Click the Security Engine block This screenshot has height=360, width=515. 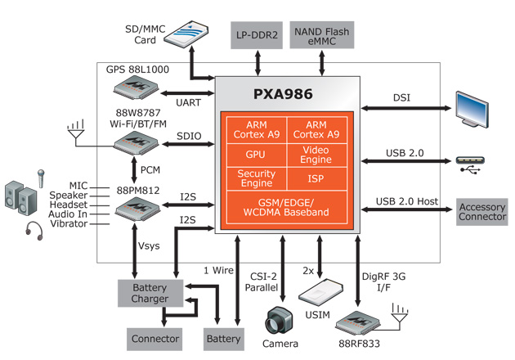[x=255, y=178]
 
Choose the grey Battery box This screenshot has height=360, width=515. [x=223, y=338]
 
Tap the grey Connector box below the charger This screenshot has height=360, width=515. [x=154, y=338]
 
